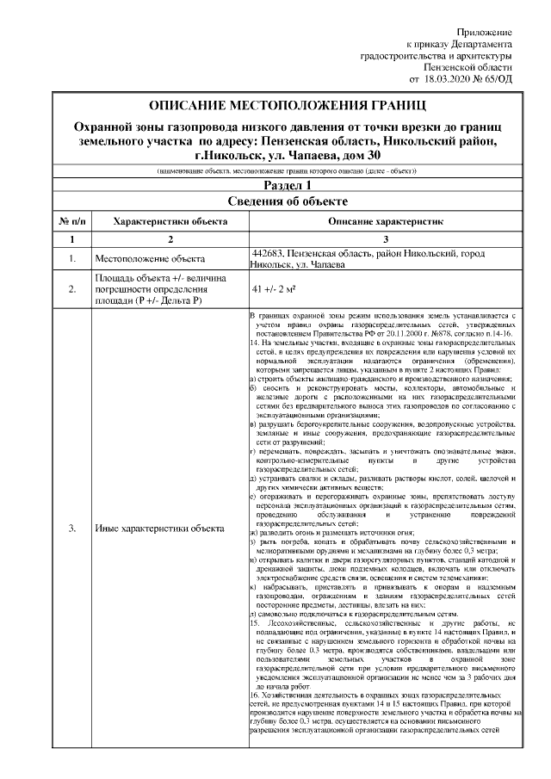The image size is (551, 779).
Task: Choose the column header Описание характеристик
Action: [385, 220]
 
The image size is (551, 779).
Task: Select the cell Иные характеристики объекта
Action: [159, 528]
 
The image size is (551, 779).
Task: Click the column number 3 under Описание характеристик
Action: [385, 238]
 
